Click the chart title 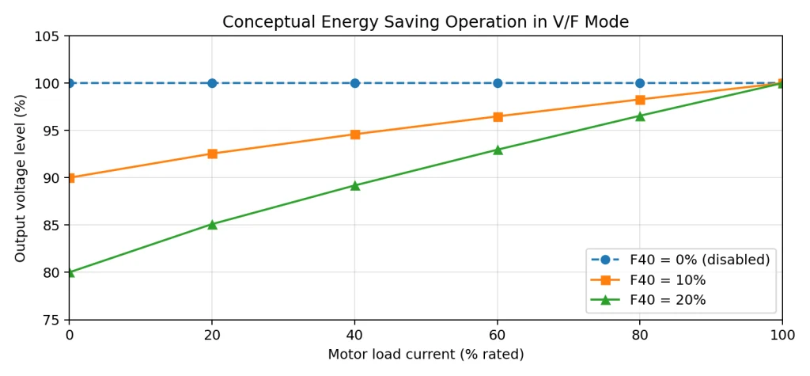(x=426, y=21)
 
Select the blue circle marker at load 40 (x=355, y=83)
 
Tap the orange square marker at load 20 (x=212, y=154)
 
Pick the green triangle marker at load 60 (x=498, y=150)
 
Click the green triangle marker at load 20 (x=212, y=225)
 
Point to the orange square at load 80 (x=640, y=100)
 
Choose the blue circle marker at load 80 (x=640, y=83)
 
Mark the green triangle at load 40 (x=355, y=186)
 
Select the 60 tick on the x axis (x=498, y=335)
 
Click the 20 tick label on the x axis (x=212, y=335)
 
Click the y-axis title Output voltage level (x=20, y=178)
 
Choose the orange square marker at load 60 (x=498, y=117)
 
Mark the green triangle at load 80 (x=640, y=116)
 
